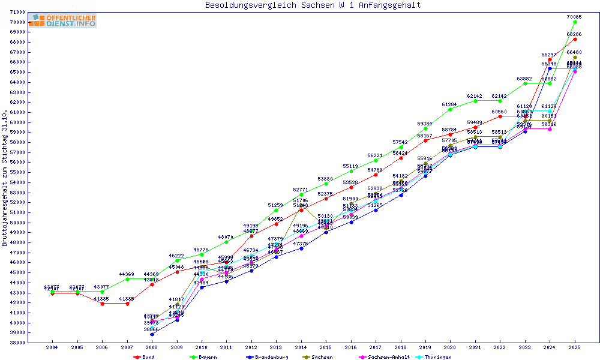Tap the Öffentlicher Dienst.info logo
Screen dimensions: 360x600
point(62,21)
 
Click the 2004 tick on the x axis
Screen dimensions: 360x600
point(52,347)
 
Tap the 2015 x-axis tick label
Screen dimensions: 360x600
point(326,347)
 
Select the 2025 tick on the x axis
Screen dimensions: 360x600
point(575,347)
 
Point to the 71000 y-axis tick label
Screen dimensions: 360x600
point(17,13)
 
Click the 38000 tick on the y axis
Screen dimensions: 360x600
point(17,343)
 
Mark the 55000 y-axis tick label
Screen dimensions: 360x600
point(17,173)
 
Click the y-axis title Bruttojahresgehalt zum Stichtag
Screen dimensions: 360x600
point(5,178)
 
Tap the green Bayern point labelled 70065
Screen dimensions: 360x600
point(575,22)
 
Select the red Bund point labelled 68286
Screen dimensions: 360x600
point(575,40)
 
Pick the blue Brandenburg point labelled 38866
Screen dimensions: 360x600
point(152,334)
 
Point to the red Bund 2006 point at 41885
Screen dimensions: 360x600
point(102,304)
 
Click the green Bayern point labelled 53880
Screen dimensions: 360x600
point(326,183)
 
